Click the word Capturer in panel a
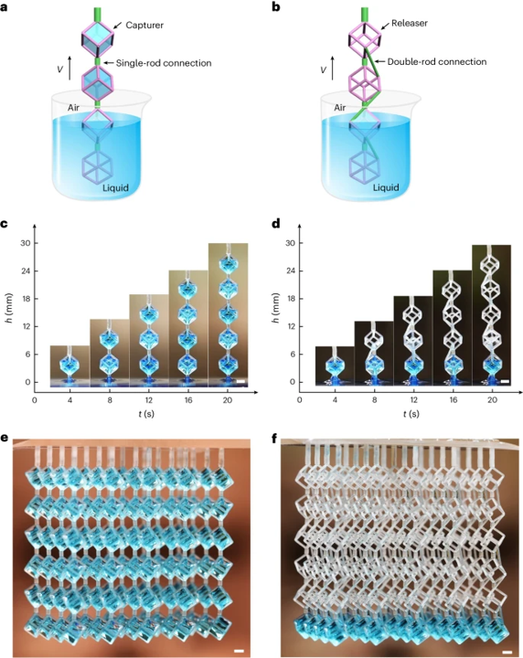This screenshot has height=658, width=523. [x=144, y=26]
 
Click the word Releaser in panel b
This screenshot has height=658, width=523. [x=410, y=23]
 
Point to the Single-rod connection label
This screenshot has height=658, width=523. [x=164, y=63]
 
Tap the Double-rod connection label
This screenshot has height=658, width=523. [x=437, y=62]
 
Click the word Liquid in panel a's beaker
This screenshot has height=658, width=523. [x=116, y=187]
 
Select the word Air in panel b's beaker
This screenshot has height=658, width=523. [x=339, y=108]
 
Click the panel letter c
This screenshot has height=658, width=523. [x=5, y=224]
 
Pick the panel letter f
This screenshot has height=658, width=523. [x=274, y=439]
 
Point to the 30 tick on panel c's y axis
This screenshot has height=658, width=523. [x=26, y=243]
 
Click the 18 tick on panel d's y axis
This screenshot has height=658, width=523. [x=291, y=299]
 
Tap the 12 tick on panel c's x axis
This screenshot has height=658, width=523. [x=149, y=400]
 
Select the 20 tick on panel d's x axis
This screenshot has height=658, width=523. [x=492, y=400]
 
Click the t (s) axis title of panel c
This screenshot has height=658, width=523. [x=146, y=414]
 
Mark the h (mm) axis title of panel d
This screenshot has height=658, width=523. [x=276, y=309]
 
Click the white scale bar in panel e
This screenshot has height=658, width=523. [x=239, y=651]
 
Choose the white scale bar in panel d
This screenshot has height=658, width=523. [x=505, y=381]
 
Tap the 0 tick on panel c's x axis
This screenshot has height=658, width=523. [x=35, y=400]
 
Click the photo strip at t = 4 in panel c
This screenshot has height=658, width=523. [x=69, y=366]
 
